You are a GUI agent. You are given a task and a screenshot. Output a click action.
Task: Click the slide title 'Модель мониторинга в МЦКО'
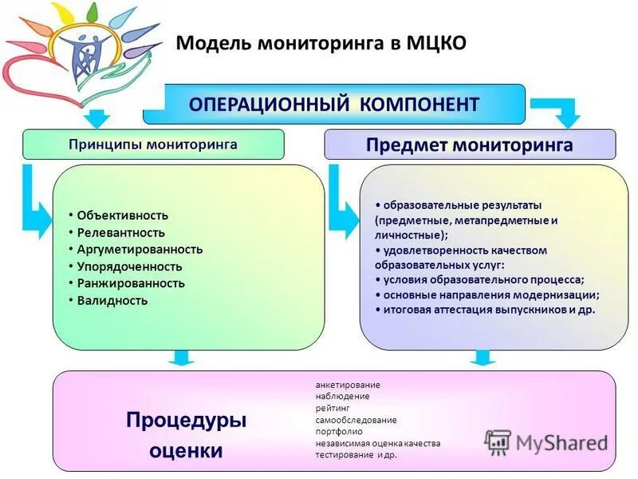click(321, 42)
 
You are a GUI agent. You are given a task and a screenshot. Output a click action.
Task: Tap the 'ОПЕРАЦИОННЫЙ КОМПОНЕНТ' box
click(333, 105)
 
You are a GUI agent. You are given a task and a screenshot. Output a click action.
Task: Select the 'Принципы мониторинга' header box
click(153, 144)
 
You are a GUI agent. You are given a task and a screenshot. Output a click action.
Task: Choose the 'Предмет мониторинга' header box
click(470, 145)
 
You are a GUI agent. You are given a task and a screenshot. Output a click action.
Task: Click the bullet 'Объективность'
click(123, 216)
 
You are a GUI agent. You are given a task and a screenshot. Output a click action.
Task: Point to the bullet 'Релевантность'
click(121, 232)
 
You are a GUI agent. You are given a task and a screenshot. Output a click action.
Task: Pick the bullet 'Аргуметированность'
click(140, 249)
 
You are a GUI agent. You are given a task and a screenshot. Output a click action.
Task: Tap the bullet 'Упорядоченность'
click(130, 267)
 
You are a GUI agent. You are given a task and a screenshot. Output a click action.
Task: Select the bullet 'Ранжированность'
click(131, 283)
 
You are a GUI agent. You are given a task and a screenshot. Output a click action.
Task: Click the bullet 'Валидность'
click(112, 301)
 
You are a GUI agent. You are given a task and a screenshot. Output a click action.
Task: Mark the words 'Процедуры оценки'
click(186, 435)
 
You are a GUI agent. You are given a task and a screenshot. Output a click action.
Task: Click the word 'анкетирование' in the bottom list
click(348, 385)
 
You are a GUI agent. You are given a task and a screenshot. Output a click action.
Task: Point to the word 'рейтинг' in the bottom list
click(332, 408)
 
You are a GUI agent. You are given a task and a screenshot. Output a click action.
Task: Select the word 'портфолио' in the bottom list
click(339, 431)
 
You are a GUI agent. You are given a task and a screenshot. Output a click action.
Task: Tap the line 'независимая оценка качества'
click(377, 443)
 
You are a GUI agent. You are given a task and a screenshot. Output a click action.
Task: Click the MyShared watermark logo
click(547, 442)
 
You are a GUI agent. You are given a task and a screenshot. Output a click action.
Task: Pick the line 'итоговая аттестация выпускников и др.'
click(489, 310)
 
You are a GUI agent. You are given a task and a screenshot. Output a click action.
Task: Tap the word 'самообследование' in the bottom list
click(356, 420)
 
